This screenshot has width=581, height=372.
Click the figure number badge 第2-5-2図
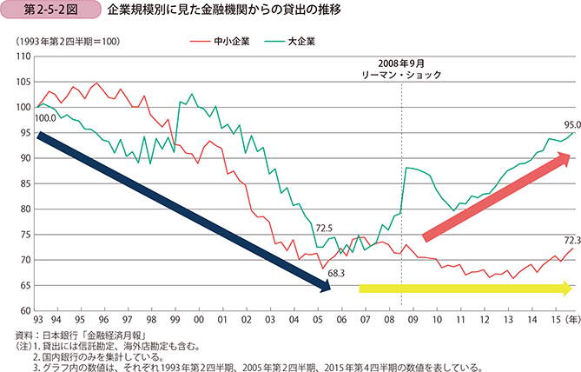[x=40, y=11]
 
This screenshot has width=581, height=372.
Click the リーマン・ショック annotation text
[x=401, y=76]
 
